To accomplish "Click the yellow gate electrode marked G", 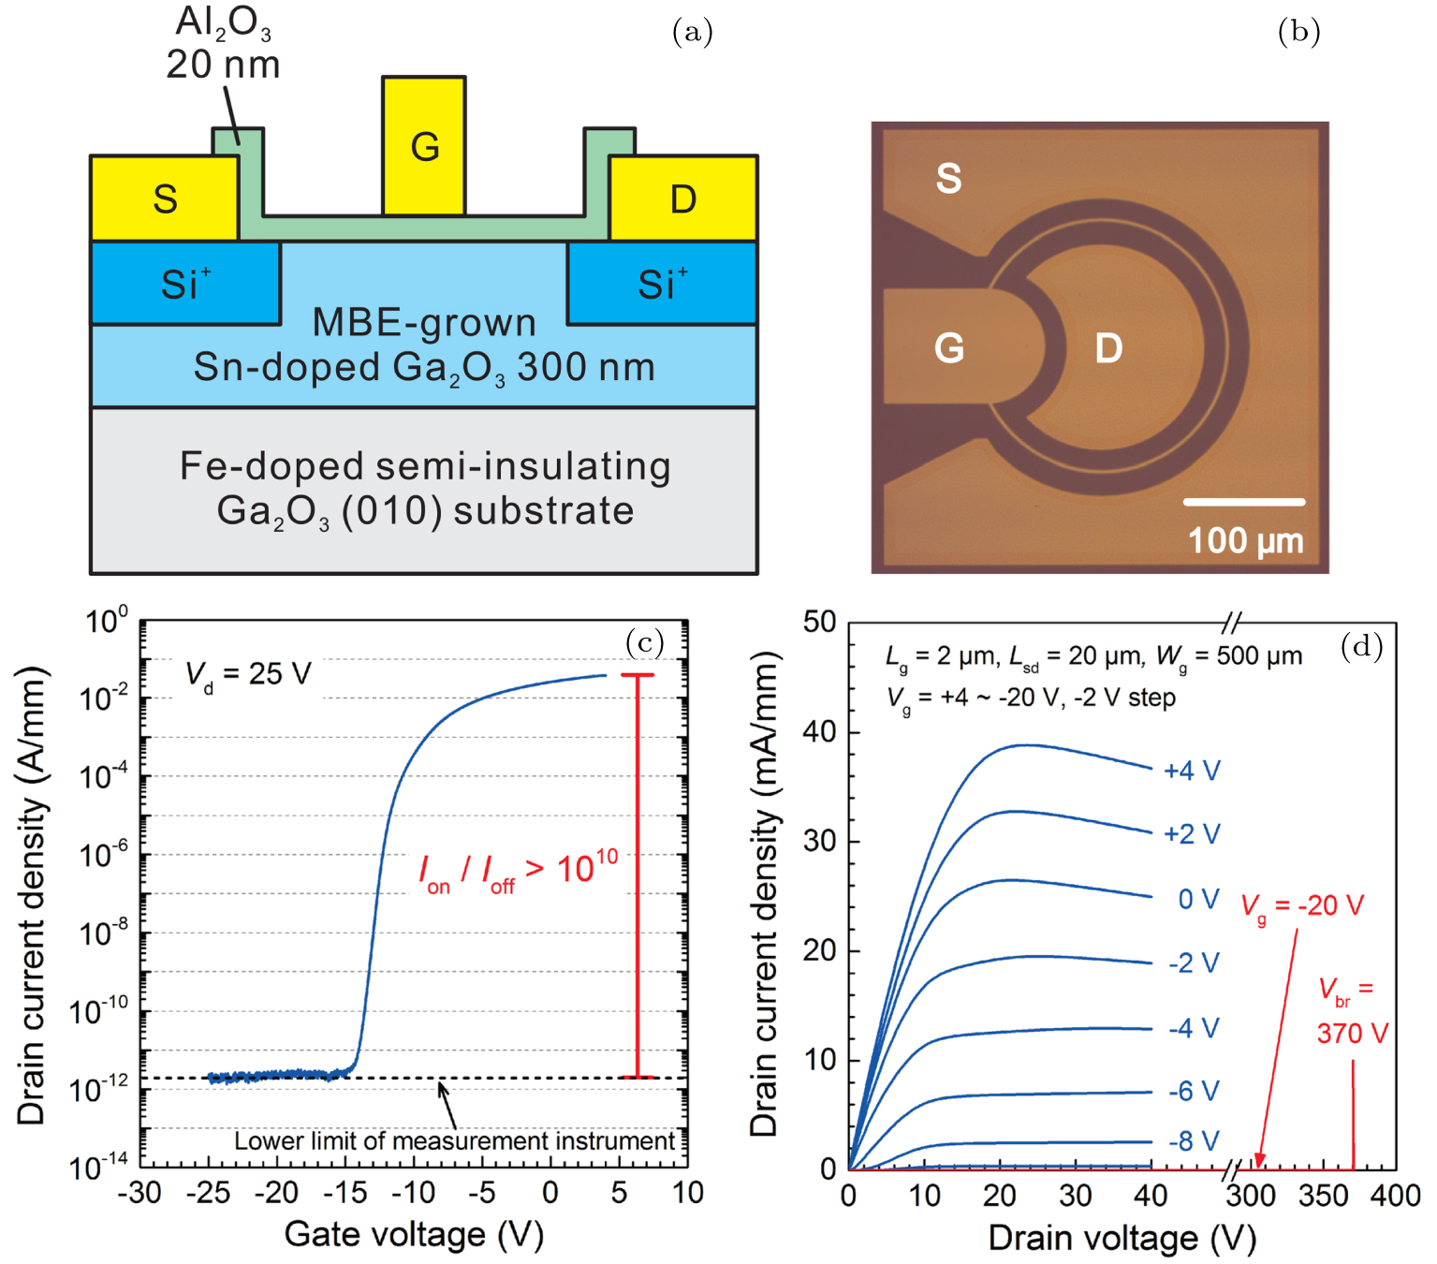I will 424,146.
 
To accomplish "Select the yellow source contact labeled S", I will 165,198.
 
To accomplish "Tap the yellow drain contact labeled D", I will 682,198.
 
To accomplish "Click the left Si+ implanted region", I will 185,284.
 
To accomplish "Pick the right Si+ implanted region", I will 662,284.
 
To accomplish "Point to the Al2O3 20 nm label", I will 223,44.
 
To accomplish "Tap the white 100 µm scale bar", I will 1243,502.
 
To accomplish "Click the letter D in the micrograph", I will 1108,348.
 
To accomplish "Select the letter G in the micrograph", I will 949,348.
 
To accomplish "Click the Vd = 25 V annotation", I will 248,674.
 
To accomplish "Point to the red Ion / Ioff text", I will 518,872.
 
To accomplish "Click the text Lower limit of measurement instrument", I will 454,1140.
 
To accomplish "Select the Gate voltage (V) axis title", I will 414,1234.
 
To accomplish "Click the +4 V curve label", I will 1192,771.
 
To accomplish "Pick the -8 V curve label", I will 1194,1140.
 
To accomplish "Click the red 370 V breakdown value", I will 1352,1033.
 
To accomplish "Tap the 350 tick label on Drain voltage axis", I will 1323,1196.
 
